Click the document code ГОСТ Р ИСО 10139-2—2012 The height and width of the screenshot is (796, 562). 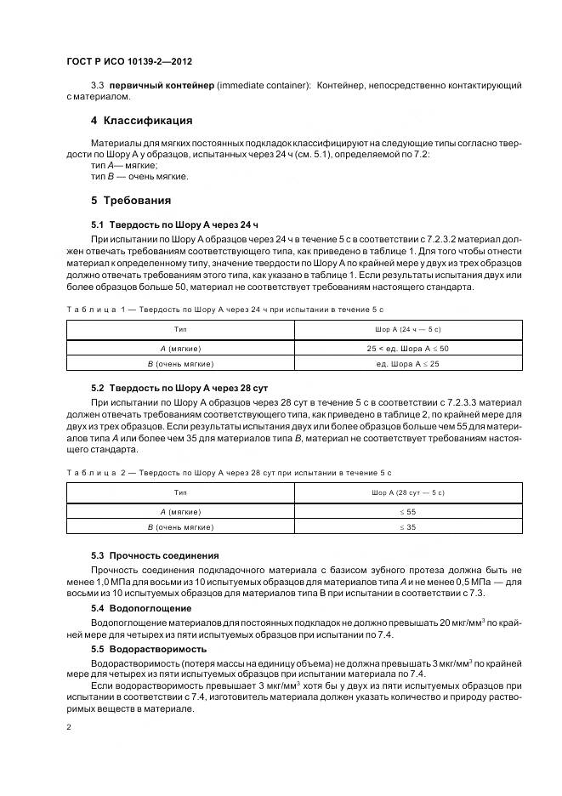128,61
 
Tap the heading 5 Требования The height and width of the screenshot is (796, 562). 131,201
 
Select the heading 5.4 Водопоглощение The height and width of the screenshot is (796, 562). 141,608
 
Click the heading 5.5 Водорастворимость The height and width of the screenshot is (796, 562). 148,648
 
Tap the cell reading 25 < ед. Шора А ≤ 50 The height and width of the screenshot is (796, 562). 407,349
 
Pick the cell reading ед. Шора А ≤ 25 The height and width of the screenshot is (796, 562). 407,364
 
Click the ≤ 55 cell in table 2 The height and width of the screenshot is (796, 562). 407,512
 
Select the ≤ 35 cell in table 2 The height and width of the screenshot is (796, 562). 407,527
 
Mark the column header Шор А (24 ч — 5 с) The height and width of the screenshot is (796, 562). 407,328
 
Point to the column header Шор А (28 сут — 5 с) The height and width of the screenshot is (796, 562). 407,492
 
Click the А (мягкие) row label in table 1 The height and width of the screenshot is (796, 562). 180,349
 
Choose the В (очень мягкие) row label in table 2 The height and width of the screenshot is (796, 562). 180,527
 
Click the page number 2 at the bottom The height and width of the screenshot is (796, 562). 68,727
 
